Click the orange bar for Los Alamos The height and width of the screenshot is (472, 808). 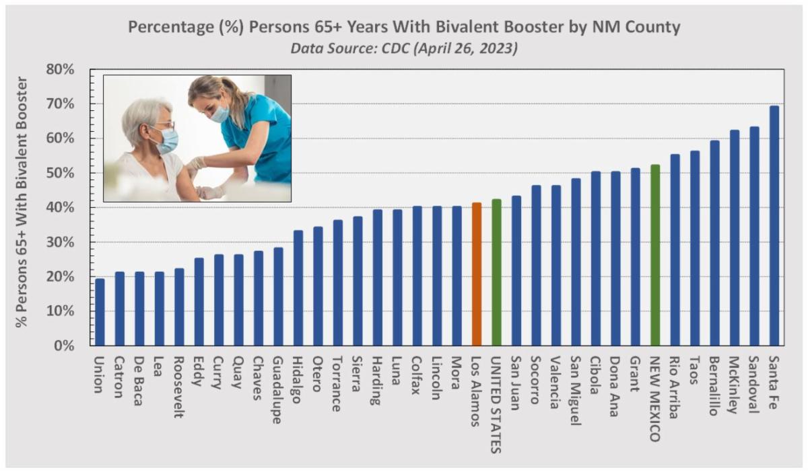[477, 274]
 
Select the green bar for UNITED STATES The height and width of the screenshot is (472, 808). [496, 272]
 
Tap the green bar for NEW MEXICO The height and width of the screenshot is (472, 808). [655, 255]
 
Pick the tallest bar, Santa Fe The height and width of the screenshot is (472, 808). [774, 226]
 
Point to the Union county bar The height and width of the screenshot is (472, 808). [100, 312]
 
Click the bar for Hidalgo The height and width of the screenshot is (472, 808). [298, 288]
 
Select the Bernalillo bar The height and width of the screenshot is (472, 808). [714, 243]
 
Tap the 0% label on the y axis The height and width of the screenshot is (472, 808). [64, 346]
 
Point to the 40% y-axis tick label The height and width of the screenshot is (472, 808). [60, 208]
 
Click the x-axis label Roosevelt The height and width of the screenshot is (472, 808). [179, 387]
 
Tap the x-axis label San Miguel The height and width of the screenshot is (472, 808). [576, 391]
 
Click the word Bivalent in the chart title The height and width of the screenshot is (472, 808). [448, 27]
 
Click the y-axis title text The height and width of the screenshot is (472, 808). [22, 202]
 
